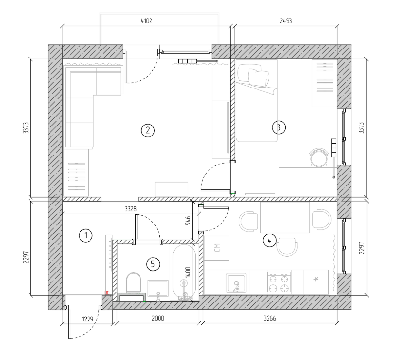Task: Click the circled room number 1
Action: (86, 235)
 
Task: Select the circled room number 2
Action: (148, 130)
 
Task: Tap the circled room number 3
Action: (279, 127)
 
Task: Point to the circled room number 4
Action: (269, 240)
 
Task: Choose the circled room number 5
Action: (153, 264)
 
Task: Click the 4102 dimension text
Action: (147, 21)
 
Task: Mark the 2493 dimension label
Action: (286, 21)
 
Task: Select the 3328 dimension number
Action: (130, 209)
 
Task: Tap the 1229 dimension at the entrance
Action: (88, 319)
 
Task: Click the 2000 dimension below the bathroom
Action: (158, 318)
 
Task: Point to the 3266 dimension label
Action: (270, 318)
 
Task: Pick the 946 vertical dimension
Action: (188, 221)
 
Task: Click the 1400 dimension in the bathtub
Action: (188, 272)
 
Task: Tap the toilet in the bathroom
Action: (133, 282)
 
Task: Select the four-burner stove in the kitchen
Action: (279, 282)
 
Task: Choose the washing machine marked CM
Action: (217, 248)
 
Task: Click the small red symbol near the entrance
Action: (107, 292)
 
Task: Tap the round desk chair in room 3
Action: (319, 157)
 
